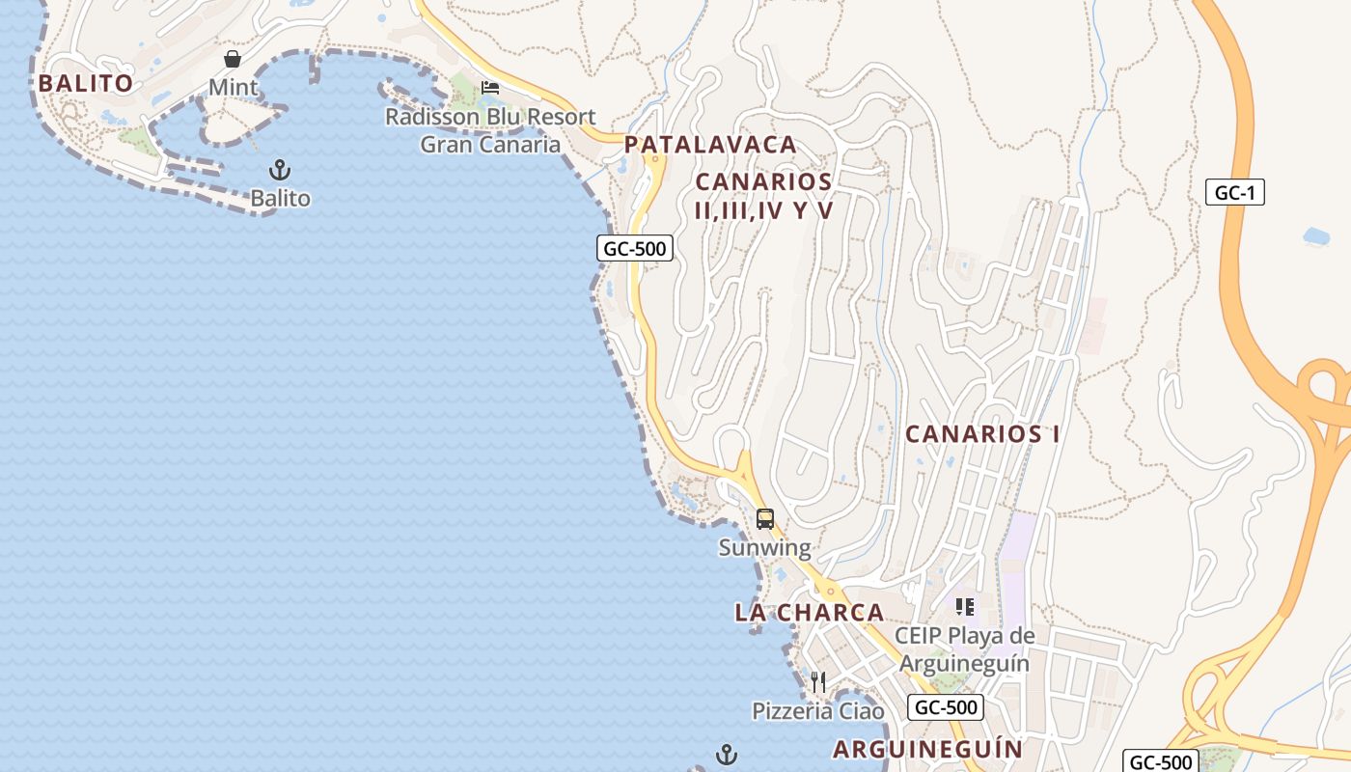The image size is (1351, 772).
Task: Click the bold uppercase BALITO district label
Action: [85, 83]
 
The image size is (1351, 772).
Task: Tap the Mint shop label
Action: [234, 88]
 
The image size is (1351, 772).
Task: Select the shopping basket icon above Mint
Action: [233, 59]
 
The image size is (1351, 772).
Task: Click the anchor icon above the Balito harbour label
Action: [280, 171]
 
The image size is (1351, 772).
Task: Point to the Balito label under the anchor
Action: [281, 199]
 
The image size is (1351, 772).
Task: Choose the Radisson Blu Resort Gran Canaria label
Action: [490, 131]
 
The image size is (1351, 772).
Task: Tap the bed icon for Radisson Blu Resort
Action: [490, 88]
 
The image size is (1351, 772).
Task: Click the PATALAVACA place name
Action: [710, 145]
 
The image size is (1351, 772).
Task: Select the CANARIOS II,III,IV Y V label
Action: [763, 196]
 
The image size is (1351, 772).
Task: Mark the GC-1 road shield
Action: [1234, 192]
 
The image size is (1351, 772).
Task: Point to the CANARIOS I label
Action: [982, 434]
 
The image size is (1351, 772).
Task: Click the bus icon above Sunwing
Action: [765, 519]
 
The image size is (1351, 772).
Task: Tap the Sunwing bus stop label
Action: [765, 548]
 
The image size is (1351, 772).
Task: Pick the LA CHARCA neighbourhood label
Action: [810, 613]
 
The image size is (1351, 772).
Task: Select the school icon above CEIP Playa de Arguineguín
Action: [965, 607]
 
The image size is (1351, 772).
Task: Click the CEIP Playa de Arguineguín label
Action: [965, 649]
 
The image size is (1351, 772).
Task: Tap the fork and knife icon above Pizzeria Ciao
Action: [818, 682]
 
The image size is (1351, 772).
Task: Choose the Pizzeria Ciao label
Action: [818, 711]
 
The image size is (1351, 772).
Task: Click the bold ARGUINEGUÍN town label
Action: [927, 749]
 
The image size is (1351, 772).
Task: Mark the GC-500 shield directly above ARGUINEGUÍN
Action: [946, 707]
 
